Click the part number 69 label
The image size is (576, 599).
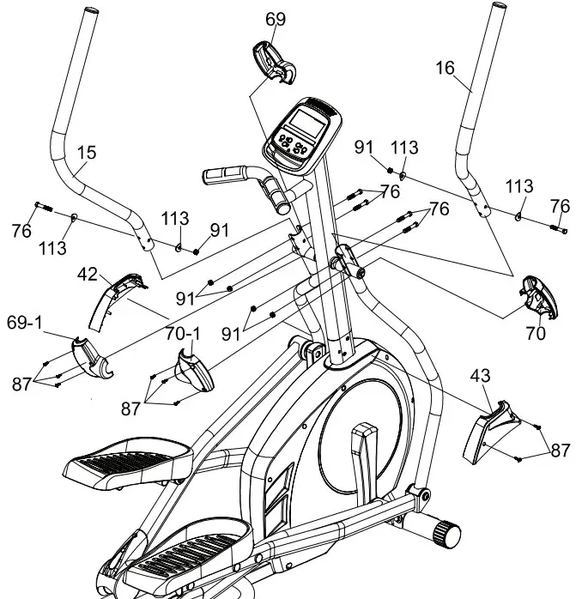click(276, 19)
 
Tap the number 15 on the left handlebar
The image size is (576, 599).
click(87, 153)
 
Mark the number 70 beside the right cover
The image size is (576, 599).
click(536, 334)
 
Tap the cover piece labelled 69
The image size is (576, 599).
click(273, 64)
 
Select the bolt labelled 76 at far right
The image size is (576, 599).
click(557, 228)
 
